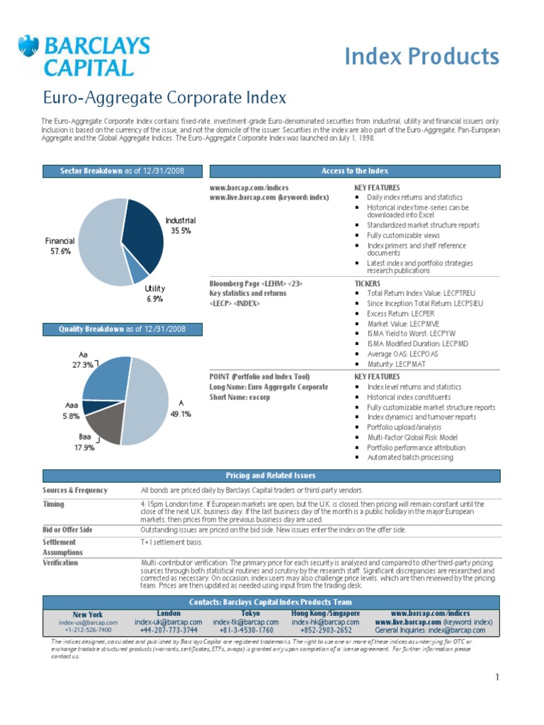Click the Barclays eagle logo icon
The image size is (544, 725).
point(28,46)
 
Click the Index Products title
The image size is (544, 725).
point(422,57)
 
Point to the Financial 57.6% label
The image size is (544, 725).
point(60,246)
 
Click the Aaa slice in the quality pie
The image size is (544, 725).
point(95,407)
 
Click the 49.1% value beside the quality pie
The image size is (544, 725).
point(181,413)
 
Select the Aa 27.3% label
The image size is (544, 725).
point(83,360)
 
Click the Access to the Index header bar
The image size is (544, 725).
point(355,171)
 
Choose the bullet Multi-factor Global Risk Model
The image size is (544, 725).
point(412,438)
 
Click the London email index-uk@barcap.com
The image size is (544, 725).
point(169,622)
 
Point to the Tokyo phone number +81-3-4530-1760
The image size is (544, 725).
point(246,630)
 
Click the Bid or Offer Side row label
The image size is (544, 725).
point(67,530)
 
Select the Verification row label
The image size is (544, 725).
point(60,563)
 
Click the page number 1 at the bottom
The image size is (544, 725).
point(497,678)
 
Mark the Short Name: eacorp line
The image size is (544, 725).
point(239,397)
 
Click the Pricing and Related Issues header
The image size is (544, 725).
point(271,476)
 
